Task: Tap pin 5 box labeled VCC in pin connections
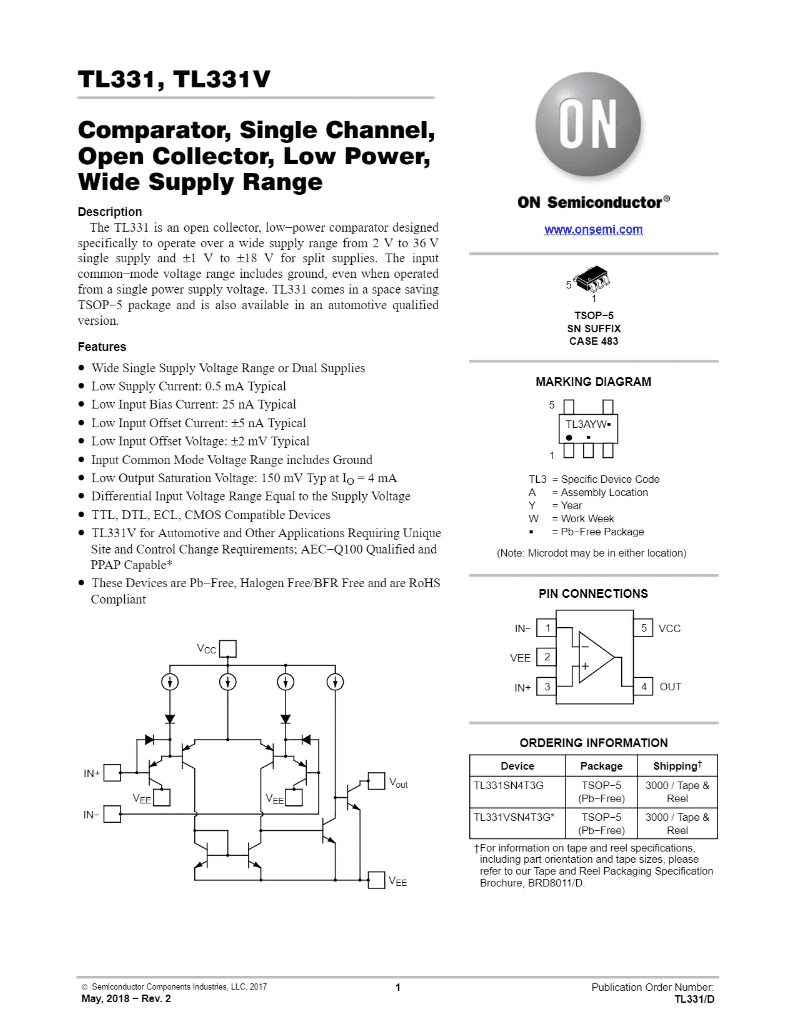click(643, 628)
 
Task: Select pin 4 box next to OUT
click(643, 686)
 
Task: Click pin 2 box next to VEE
click(547, 657)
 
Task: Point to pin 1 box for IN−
click(547, 628)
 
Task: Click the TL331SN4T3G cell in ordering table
click(509, 785)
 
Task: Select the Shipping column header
click(677, 766)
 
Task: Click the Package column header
click(601, 766)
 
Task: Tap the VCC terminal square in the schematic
click(228, 648)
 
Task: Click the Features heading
click(102, 347)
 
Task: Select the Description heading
click(109, 212)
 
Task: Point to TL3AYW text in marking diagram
click(585, 424)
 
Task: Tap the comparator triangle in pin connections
click(595, 657)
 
